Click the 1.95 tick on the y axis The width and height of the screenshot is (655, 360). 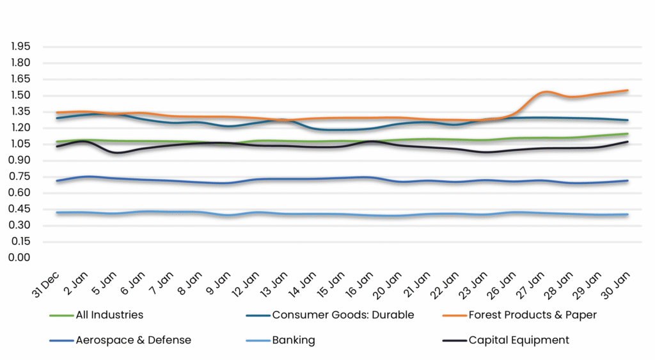(20, 47)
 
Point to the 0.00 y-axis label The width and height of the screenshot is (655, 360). (20, 258)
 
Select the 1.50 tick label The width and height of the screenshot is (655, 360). (20, 95)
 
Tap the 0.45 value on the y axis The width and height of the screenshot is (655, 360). (20, 209)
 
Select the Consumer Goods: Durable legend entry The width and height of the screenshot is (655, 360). (343, 315)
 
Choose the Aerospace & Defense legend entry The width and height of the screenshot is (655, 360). (134, 340)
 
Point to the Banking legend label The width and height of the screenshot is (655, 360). (294, 340)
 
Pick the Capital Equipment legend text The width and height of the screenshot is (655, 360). (519, 340)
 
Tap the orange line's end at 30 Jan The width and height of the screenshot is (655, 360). (627, 91)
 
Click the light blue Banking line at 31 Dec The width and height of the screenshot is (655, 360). (58, 212)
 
